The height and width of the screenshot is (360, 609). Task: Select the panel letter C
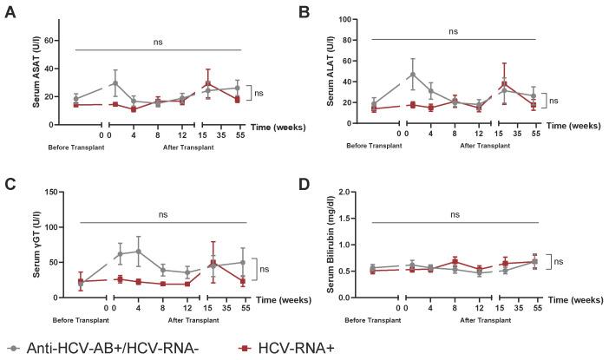point(10,184)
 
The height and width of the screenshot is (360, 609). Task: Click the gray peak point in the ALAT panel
point(414,75)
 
